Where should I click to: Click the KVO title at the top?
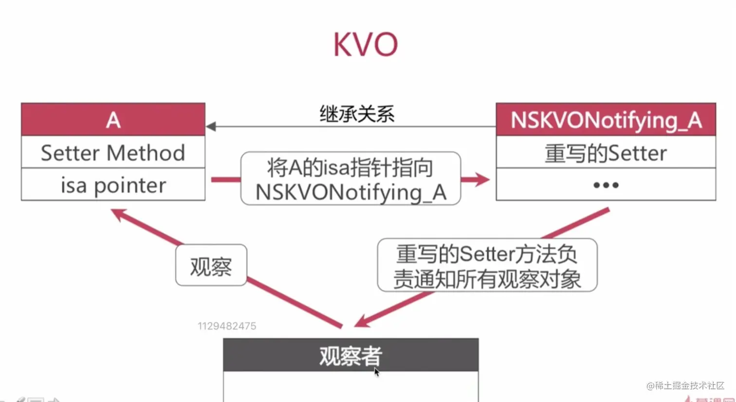pyautogui.click(x=366, y=44)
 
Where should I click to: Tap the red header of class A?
pyautogui.click(x=113, y=119)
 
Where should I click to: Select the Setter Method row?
pyautogui.click(x=113, y=152)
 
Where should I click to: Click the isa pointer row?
pyautogui.click(x=113, y=185)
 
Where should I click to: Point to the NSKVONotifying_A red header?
pyautogui.click(x=606, y=119)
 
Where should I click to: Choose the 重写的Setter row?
pyautogui.click(x=606, y=153)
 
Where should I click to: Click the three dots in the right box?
pyautogui.click(x=606, y=185)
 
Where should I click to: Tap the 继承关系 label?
pyautogui.click(x=356, y=114)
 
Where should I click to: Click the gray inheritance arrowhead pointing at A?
pyautogui.click(x=211, y=127)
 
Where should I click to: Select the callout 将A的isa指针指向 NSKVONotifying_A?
pyautogui.click(x=350, y=179)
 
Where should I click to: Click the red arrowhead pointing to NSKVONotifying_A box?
pyautogui.click(x=482, y=180)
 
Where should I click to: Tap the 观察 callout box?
pyautogui.click(x=211, y=266)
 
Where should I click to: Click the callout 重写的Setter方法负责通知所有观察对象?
pyautogui.click(x=487, y=266)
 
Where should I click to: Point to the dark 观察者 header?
pyautogui.click(x=350, y=355)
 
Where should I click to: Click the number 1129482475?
pyautogui.click(x=227, y=326)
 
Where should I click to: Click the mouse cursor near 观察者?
pyautogui.click(x=376, y=372)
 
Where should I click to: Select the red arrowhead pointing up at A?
pyautogui.click(x=119, y=214)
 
